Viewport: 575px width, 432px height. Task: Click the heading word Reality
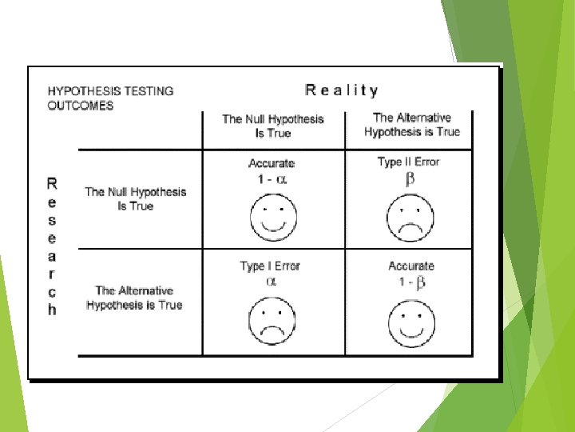342,90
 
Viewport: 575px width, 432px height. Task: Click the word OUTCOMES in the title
80,105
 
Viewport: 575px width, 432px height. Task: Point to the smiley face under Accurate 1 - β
411,322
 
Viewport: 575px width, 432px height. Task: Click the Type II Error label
409,162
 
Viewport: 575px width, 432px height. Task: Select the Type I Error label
270,266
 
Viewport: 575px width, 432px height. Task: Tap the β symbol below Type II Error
410,179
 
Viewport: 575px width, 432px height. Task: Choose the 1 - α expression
272,179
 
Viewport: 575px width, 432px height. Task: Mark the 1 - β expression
411,282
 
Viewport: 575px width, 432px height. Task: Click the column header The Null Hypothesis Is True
273,126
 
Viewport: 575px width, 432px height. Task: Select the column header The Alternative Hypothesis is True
412,125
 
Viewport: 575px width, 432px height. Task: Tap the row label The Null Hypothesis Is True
135,198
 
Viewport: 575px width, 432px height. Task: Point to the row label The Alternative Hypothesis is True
134,298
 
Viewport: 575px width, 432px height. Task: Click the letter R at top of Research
52,183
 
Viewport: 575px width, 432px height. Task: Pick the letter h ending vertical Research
52,310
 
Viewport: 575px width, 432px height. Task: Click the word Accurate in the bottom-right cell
411,266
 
